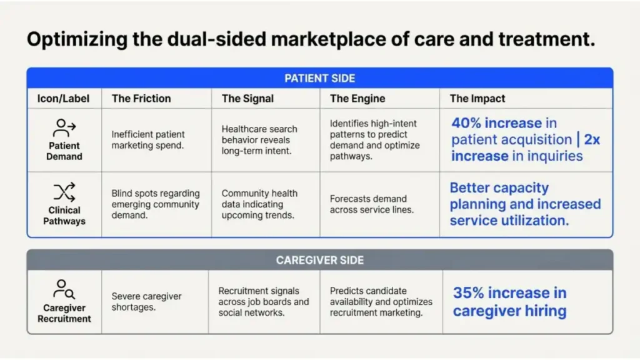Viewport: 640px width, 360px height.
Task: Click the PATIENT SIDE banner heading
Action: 319,78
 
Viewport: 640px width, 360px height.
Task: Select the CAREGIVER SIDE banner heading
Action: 319,260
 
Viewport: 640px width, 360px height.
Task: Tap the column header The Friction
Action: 141,98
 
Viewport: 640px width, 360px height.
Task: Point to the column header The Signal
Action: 247,98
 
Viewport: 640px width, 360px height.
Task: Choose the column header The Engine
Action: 357,98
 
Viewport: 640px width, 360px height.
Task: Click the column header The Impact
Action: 477,98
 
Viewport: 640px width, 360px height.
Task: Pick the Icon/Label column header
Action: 64,98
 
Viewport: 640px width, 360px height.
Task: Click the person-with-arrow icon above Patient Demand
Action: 64,128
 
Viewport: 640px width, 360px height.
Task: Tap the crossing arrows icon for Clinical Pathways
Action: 64,191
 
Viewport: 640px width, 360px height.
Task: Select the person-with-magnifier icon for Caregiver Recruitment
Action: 64,289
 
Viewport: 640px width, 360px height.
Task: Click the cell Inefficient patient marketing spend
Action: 148,140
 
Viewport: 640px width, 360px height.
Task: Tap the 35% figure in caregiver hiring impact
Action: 469,293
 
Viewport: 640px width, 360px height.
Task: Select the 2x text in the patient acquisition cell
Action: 592,139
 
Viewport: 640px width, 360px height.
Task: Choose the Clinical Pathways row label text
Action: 64,216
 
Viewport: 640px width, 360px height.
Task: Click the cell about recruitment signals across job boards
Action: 263,301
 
